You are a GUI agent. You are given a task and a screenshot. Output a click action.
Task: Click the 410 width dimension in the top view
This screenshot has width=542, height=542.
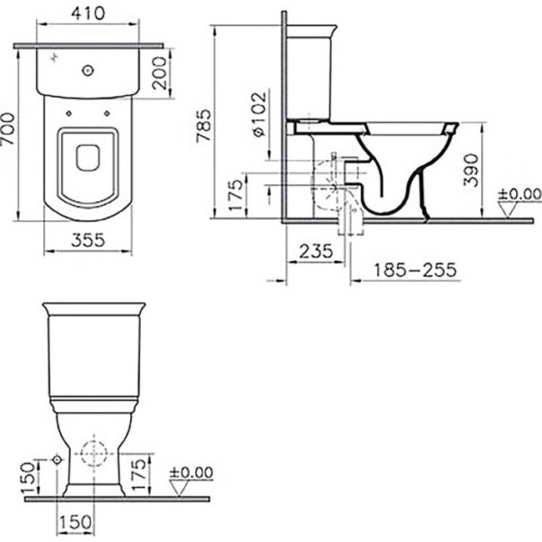point(88,14)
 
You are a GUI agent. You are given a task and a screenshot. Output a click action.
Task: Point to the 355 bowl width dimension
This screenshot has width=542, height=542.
point(88,240)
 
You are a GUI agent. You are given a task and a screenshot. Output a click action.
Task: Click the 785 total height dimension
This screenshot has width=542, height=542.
point(205,128)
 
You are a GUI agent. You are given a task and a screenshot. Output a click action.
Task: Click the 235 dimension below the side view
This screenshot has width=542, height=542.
point(316,250)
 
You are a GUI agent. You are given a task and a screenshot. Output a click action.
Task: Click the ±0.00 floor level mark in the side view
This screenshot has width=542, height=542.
point(518,196)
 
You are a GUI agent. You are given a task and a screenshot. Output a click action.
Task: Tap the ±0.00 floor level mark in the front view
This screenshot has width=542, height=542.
point(192,472)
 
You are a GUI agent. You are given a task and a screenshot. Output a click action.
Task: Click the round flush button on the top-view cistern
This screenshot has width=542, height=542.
point(87,72)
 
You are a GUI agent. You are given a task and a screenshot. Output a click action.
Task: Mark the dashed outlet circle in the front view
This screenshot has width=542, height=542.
point(93,458)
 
